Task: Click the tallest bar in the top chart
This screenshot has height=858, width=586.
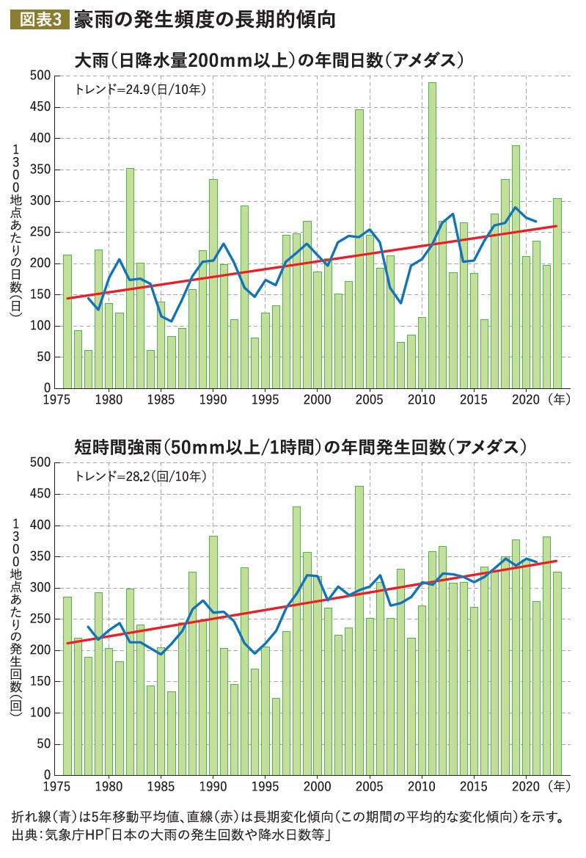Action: (x=433, y=235)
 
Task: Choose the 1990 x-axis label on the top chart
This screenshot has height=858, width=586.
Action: (x=213, y=400)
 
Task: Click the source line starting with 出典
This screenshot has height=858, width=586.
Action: (x=173, y=836)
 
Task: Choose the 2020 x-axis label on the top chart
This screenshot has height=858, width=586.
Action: (x=526, y=400)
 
